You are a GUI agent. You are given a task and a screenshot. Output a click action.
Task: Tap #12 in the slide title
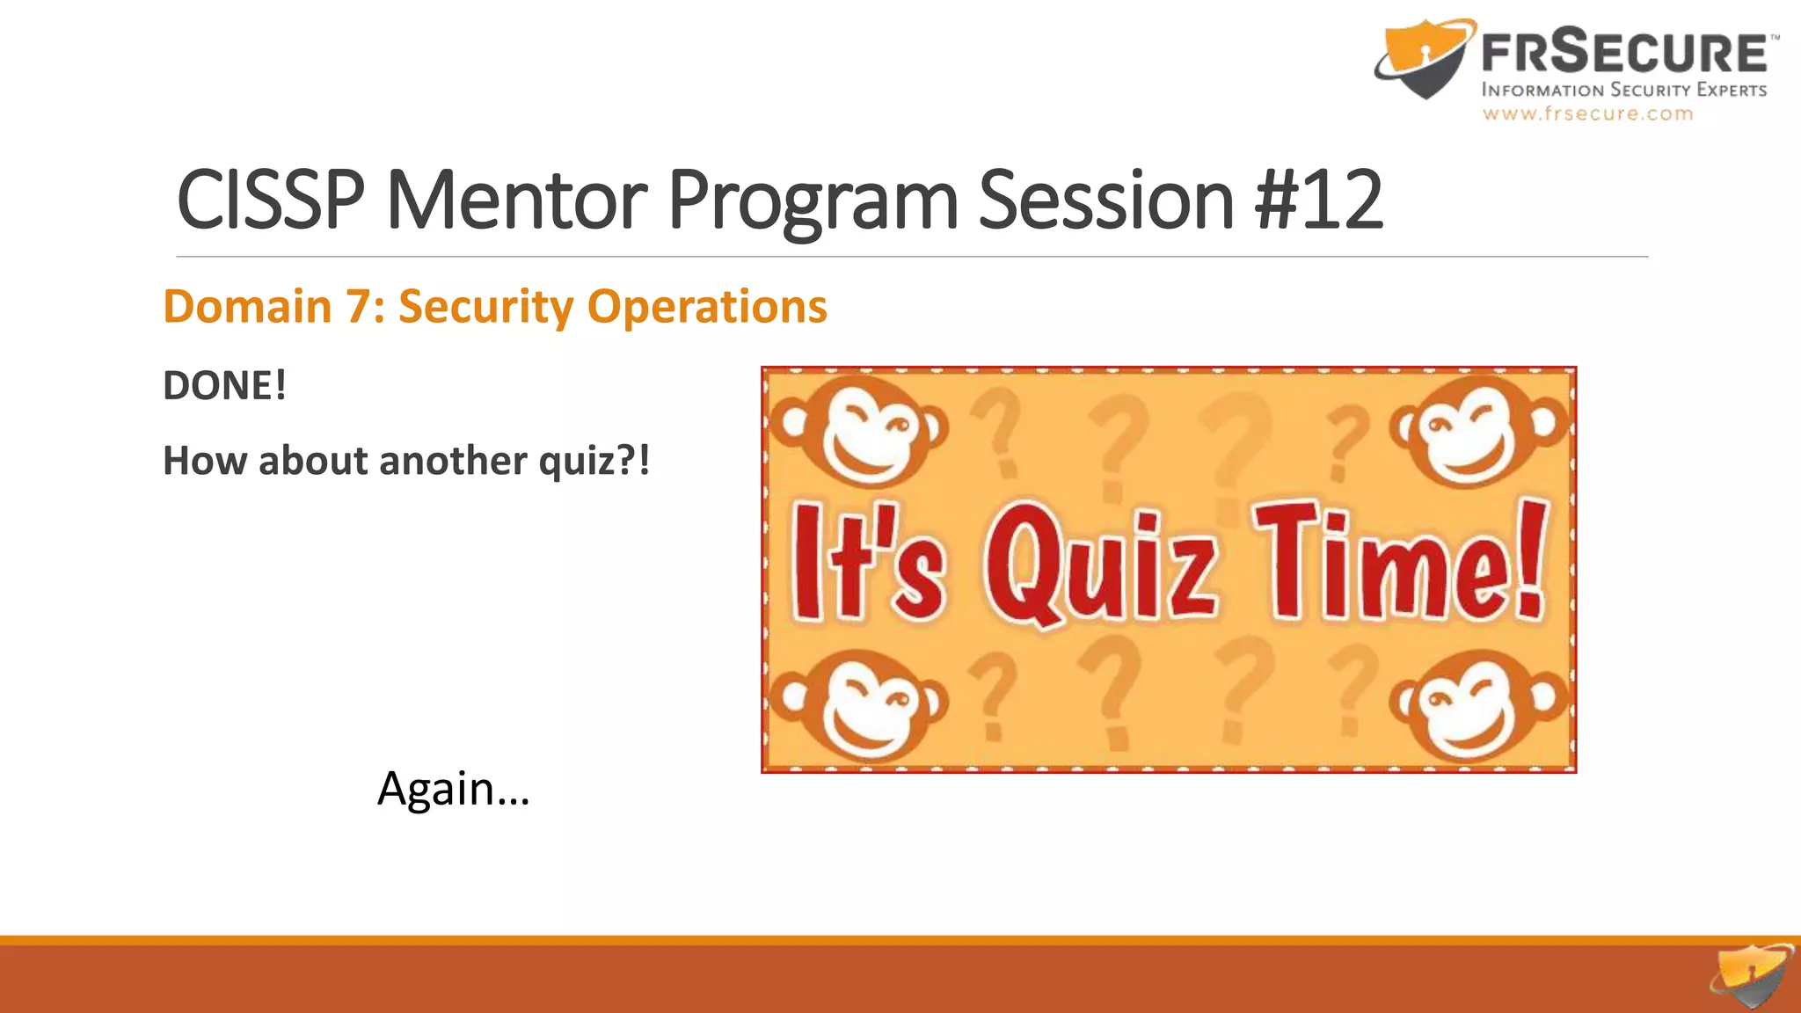(1319, 200)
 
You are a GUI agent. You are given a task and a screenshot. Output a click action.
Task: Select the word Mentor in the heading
(516, 200)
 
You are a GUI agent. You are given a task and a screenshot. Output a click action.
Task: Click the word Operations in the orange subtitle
(707, 307)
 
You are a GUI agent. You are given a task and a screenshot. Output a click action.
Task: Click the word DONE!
(225, 386)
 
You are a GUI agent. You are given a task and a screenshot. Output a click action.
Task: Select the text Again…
(453, 789)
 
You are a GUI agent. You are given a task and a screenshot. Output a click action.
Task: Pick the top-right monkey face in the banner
(1477, 431)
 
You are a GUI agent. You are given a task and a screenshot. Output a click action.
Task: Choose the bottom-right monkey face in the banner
(1477, 705)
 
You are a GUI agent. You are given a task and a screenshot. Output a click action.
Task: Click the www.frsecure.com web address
(1587, 114)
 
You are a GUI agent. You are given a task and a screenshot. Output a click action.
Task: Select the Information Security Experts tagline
(1623, 90)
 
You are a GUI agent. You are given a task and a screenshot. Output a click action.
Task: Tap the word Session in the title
(1106, 200)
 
